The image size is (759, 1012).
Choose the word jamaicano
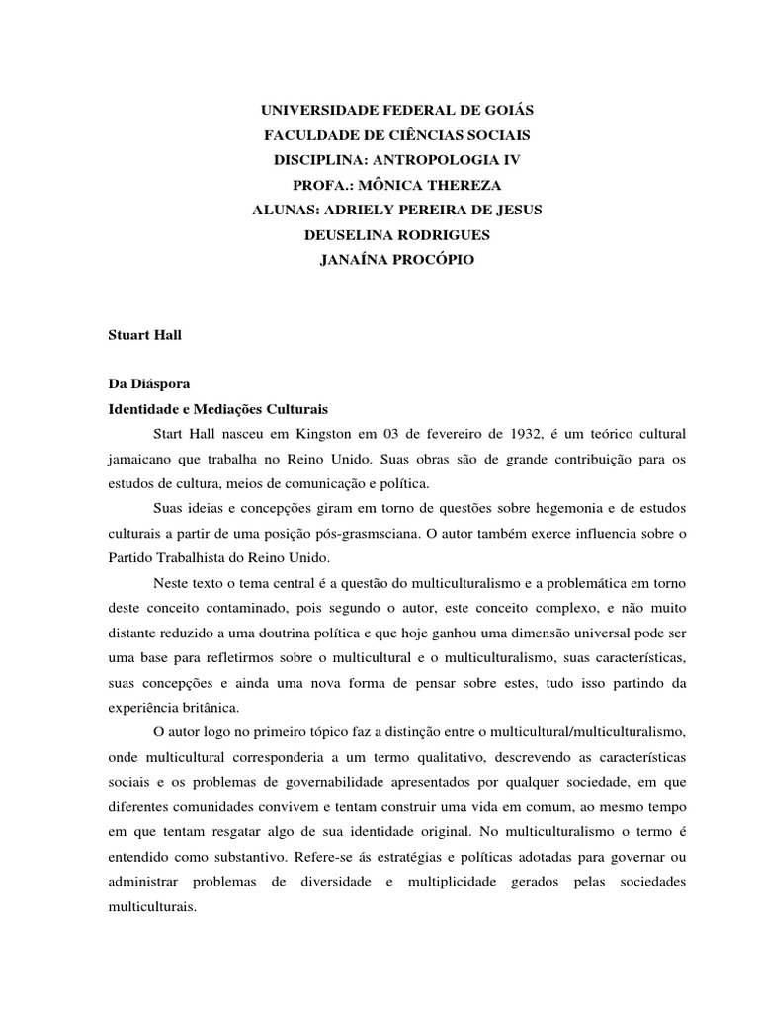pos(145,459)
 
